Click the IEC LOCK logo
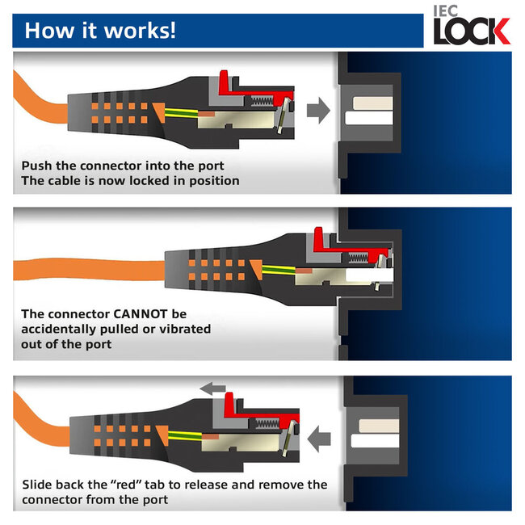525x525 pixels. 471,26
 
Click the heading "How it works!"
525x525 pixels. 100,31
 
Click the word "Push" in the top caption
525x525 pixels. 37,165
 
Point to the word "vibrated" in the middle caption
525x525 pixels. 183,329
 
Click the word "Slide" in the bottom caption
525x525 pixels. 40,485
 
